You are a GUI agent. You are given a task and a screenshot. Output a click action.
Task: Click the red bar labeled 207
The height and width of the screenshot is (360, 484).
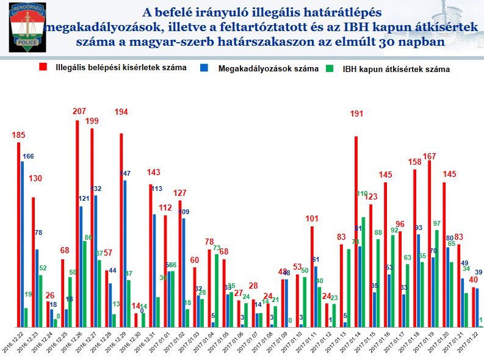click(x=78, y=223)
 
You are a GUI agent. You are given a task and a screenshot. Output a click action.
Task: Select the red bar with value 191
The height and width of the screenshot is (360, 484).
click(x=356, y=231)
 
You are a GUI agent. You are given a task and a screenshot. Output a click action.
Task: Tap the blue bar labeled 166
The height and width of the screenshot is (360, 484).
click(x=23, y=243)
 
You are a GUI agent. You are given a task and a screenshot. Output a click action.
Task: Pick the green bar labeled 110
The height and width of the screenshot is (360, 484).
click(x=364, y=272)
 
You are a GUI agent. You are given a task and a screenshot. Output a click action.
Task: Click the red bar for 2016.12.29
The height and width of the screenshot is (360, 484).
click(x=121, y=229)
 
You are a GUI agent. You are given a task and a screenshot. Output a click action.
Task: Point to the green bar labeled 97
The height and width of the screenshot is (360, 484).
click(x=437, y=278)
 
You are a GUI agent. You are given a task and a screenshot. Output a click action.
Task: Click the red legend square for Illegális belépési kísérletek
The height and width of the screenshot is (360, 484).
click(x=43, y=68)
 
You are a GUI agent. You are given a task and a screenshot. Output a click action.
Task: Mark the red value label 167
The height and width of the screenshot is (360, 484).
click(x=430, y=157)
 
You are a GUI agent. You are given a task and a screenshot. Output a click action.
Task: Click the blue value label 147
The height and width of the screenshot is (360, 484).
click(x=125, y=174)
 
